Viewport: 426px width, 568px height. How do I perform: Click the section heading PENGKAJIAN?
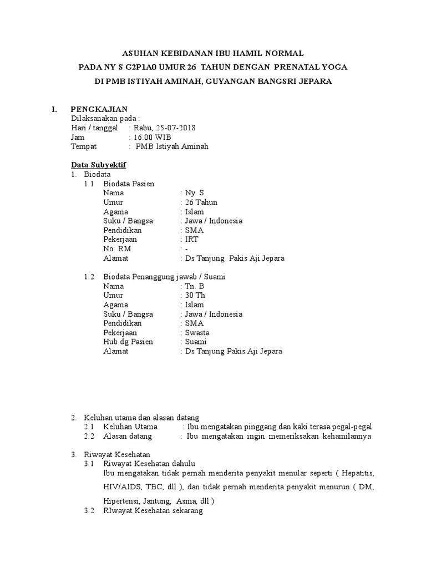[102, 109]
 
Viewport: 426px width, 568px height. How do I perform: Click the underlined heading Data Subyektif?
[99, 165]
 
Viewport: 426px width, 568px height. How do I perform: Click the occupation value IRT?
[191, 240]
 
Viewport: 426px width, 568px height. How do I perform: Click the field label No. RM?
[116, 249]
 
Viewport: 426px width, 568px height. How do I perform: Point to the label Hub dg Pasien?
[128, 342]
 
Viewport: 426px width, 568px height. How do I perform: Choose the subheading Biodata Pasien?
[129, 184]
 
